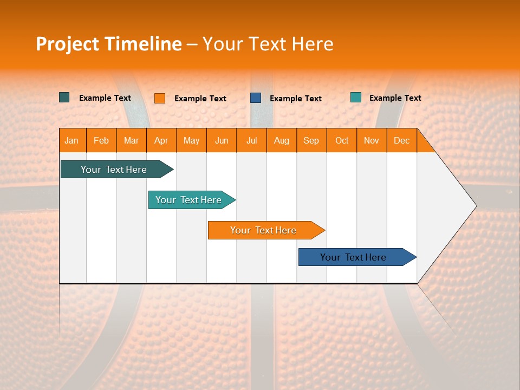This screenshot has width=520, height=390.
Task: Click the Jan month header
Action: [x=72, y=140]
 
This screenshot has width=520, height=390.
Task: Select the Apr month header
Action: [x=161, y=140]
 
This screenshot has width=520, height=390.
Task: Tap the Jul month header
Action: [x=251, y=140]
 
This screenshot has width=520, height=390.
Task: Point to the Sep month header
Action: [x=311, y=140]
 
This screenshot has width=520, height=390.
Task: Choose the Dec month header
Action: [x=401, y=140]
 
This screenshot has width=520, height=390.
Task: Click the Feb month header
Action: [x=101, y=140]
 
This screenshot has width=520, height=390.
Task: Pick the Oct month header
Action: [x=342, y=140]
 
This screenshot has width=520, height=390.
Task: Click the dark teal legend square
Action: [x=64, y=97]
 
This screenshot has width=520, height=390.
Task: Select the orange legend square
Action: [x=160, y=98]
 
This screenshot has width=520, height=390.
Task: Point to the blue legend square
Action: [x=256, y=98]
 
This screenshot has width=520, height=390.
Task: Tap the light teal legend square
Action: [x=356, y=97]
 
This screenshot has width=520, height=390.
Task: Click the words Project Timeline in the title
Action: [x=108, y=44]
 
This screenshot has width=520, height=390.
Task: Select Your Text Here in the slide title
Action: [x=268, y=44]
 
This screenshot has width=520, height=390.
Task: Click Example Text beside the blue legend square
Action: [x=296, y=99]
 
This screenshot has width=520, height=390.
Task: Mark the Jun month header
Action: [x=222, y=140]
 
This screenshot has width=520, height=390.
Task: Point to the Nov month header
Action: [x=372, y=140]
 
